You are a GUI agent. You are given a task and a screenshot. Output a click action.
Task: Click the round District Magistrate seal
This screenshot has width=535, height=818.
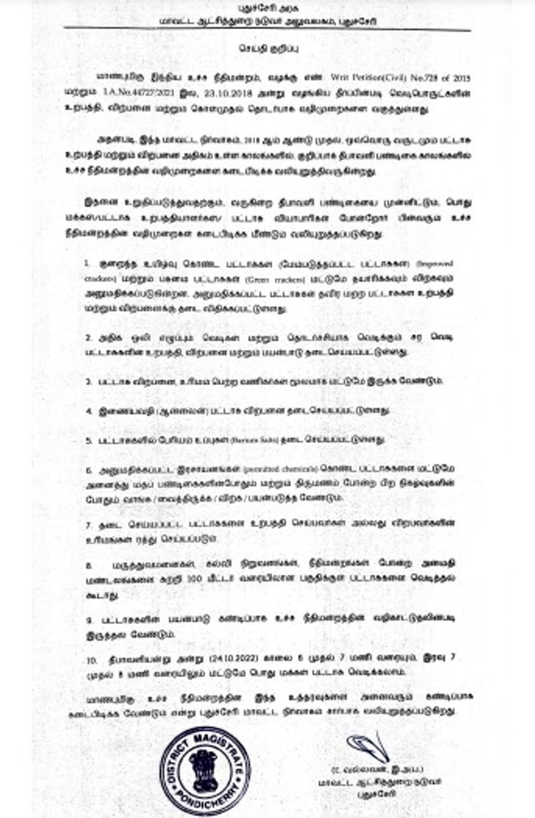point(205,770)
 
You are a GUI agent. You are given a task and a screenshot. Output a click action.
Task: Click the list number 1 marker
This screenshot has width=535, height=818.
point(87,264)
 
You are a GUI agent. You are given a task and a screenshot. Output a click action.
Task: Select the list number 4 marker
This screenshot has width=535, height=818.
point(89,411)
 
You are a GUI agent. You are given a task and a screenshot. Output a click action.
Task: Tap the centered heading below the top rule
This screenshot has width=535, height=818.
point(269,49)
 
